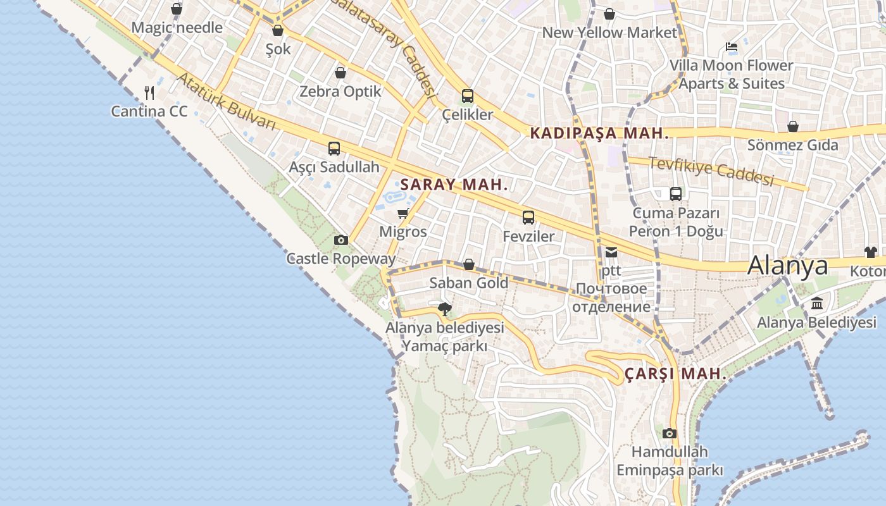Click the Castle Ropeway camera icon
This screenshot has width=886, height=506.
(x=340, y=240)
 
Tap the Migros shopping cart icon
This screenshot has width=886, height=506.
(x=402, y=214)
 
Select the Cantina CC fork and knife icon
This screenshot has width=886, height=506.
(x=149, y=93)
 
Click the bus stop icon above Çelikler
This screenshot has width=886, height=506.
(x=468, y=96)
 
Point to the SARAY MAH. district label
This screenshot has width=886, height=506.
(x=454, y=185)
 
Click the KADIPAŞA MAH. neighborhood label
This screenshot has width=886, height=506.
(x=599, y=133)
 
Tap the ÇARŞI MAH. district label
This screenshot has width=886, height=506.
(x=675, y=374)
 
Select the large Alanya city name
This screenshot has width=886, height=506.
(x=787, y=266)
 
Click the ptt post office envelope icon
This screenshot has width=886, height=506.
(x=611, y=252)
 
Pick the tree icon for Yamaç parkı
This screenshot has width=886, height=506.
(x=445, y=309)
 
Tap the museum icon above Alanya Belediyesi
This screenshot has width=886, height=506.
(x=816, y=304)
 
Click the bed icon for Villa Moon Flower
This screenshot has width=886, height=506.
(x=731, y=47)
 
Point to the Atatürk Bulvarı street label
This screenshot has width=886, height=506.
(x=226, y=101)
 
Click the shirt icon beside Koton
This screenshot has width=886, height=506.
(x=871, y=252)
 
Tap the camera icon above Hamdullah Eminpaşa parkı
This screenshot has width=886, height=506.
(x=670, y=433)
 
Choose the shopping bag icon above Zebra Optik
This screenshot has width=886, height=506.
(x=340, y=73)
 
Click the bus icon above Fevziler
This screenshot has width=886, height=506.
(x=528, y=218)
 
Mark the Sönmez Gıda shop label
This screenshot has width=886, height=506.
(x=792, y=145)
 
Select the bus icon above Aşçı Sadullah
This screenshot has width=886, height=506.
(x=334, y=149)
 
